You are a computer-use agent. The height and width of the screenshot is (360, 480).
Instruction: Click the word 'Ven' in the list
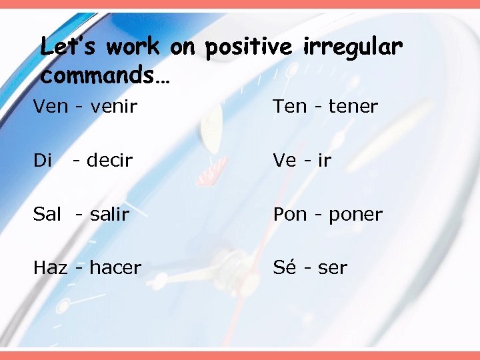click(x=51, y=106)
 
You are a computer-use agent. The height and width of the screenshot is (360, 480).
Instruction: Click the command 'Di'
click(x=43, y=160)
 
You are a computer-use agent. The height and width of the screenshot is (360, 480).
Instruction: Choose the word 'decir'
click(x=109, y=160)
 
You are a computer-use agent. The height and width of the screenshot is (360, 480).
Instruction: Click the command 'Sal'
click(x=47, y=214)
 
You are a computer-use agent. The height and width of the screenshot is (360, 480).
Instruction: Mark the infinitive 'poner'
click(x=355, y=215)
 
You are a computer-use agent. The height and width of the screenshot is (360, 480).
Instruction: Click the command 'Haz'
click(x=51, y=268)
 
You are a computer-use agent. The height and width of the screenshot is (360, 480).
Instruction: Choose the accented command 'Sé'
click(x=284, y=267)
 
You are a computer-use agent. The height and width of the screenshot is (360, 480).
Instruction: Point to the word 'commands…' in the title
click(x=105, y=75)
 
